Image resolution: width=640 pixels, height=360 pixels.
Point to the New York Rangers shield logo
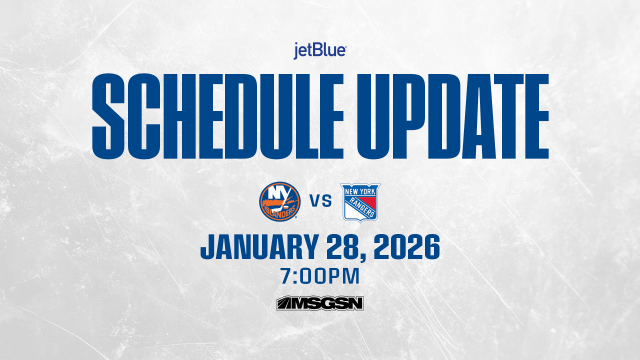360,202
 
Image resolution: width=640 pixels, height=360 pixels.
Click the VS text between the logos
320,202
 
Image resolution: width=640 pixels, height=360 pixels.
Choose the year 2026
410,247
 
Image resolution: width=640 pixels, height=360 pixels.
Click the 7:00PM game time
320,276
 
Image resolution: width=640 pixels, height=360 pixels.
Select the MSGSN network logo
320,303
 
